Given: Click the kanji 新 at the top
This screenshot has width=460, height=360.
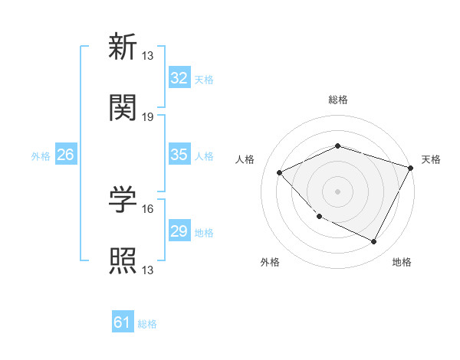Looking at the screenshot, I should click(x=123, y=47).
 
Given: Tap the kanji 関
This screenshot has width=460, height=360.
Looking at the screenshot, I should click(x=123, y=108).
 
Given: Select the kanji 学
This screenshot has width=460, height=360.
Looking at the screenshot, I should click(x=123, y=199).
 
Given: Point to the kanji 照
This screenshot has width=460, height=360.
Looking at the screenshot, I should click(x=123, y=260).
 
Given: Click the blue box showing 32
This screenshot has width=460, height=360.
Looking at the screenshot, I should click(x=179, y=78).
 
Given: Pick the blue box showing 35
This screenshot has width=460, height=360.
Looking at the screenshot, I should click(x=179, y=155).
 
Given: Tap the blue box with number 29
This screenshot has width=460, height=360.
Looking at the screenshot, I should click(x=179, y=231).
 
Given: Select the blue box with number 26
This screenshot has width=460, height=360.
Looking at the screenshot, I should click(x=65, y=155).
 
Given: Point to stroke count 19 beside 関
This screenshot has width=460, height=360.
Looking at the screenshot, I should click(x=148, y=116).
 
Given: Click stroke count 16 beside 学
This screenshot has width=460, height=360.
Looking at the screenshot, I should click(x=148, y=208).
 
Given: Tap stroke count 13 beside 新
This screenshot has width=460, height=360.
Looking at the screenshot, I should click(x=148, y=55).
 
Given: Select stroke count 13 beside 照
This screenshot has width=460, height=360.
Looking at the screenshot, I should click(x=148, y=270).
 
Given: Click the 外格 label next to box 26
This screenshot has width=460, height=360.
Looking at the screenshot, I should click(x=41, y=155).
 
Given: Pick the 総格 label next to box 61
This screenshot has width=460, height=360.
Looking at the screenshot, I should click(x=147, y=324).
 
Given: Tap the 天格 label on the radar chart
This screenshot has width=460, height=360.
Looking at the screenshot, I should click(x=432, y=159).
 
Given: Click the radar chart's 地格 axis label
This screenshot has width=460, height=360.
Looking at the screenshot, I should click(x=402, y=262).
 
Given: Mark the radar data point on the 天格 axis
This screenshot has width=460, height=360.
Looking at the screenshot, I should click(x=412, y=168).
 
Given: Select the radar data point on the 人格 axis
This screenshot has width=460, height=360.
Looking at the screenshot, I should click(x=280, y=173).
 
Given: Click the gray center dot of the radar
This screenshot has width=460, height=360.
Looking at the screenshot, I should click(x=337, y=191).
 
